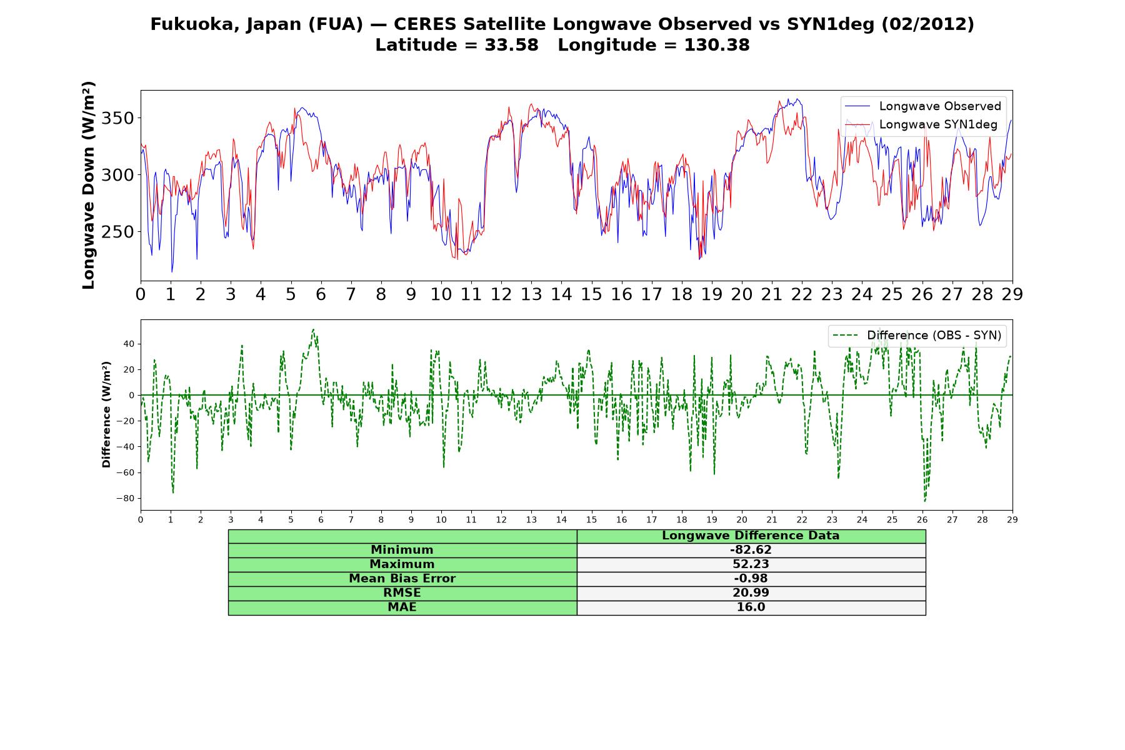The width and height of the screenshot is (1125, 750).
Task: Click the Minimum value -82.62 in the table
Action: click(x=751, y=550)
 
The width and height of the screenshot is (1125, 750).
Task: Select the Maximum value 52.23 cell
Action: click(x=751, y=564)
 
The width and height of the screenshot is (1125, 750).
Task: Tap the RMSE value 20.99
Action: click(x=751, y=593)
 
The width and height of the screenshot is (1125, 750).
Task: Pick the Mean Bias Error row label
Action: click(x=402, y=579)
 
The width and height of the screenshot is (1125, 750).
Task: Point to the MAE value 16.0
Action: click(x=751, y=607)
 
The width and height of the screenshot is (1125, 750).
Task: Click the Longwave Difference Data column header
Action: click(x=751, y=536)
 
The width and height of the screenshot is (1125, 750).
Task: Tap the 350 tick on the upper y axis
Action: click(x=117, y=118)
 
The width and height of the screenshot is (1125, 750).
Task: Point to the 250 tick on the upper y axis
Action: click(x=117, y=232)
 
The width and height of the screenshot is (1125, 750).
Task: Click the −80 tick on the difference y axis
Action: click(x=126, y=499)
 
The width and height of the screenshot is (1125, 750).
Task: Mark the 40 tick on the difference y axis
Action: click(x=129, y=344)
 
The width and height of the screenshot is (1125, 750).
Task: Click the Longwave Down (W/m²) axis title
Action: click(x=88, y=185)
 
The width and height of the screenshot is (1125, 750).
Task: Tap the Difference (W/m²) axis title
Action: click(x=106, y=414)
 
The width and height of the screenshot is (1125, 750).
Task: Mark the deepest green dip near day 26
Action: click(x=925, y=501)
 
